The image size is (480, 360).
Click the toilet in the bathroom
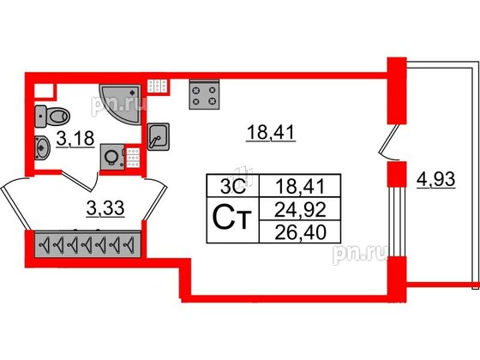52,117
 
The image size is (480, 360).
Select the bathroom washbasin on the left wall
42,147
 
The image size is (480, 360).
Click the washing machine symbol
112,157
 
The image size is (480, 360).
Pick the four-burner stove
204,94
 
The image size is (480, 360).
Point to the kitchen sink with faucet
159,136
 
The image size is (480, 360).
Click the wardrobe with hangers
87,244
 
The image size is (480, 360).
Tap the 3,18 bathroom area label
75,139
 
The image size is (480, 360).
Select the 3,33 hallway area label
105,209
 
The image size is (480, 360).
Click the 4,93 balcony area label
436,180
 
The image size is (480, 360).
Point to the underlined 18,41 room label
271,134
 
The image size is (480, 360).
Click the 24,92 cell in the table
300,209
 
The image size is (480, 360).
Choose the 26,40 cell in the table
300,231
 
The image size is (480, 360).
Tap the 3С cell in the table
233,185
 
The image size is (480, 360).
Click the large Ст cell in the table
233,220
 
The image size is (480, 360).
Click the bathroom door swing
81,181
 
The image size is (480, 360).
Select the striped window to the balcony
397,222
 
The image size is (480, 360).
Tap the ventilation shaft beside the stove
158,87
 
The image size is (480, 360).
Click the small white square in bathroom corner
44,91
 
